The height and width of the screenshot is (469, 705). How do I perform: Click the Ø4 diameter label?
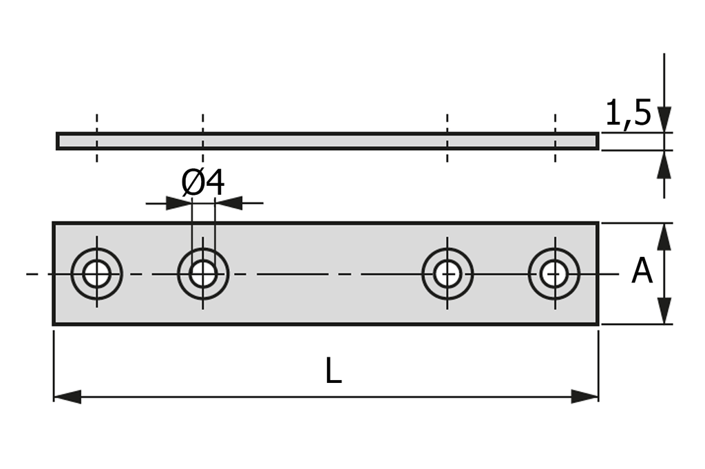coord(203,183)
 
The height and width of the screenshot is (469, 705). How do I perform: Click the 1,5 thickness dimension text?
coord(628,113)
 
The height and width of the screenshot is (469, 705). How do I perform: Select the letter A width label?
coord(642,271)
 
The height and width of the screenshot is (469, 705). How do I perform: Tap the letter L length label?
coord(333,373)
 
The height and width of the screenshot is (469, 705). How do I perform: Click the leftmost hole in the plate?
coord(96,273)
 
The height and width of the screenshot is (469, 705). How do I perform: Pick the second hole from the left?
coord(203,273)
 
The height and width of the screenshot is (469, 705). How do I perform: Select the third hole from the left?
coord(448,273)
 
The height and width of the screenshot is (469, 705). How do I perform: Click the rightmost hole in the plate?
coord(554,273)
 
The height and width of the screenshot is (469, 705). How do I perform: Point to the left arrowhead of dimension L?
coord(67,397)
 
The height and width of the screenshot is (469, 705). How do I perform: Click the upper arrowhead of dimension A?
coord(664,236)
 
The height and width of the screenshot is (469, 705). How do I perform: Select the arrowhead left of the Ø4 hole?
coord(178,203)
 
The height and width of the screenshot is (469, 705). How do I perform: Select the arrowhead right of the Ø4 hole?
coord(229,203)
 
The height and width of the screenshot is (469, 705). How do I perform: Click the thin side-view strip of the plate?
coord(327,141)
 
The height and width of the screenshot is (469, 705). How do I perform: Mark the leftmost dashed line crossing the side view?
coord(96,138)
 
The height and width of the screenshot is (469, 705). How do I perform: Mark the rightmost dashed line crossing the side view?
coord(555,138)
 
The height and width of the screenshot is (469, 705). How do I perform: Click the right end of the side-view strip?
coord(596,141)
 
